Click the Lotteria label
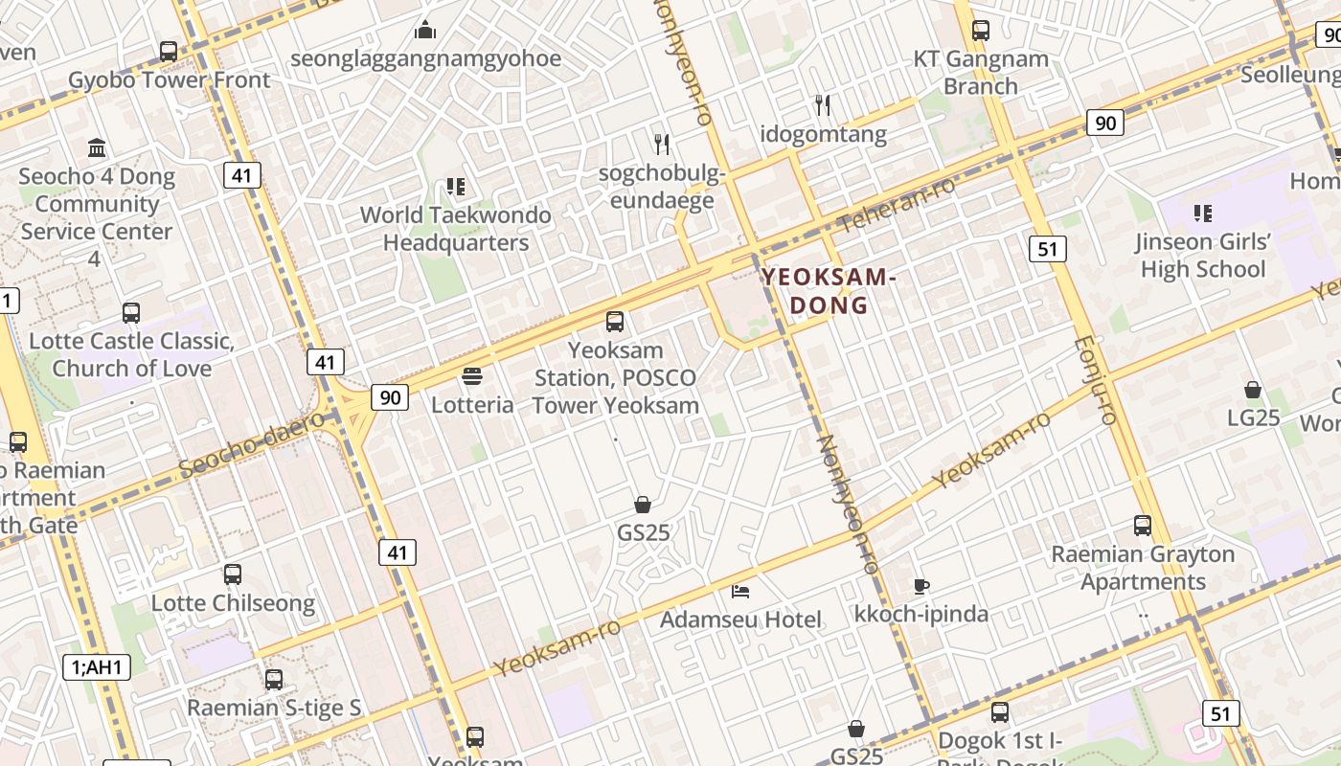click(x=472, y=404)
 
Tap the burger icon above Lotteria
click(x=472, y=375)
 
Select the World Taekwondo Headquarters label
click(x=456, y=229)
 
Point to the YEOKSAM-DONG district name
click(x=829, y=291)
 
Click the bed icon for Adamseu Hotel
click(x=740, y=591)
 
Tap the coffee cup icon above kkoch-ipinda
click(x=921, y=585)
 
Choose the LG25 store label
click(x=1253, y=417)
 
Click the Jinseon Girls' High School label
click(x=1203, y=256)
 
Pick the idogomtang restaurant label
click(x=823, y=134)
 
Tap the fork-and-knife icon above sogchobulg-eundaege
click(x=662, y=145)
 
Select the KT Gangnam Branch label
click(x=980, y=73)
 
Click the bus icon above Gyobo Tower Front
click(x=169, y=52)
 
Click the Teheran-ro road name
click(x=897, y=204)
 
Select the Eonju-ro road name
click(x=1094, y=380)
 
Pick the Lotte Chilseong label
click(x=233, y=603)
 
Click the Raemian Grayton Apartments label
click(x=1143, y=568)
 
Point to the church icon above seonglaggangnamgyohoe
click(x=425, y=30)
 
